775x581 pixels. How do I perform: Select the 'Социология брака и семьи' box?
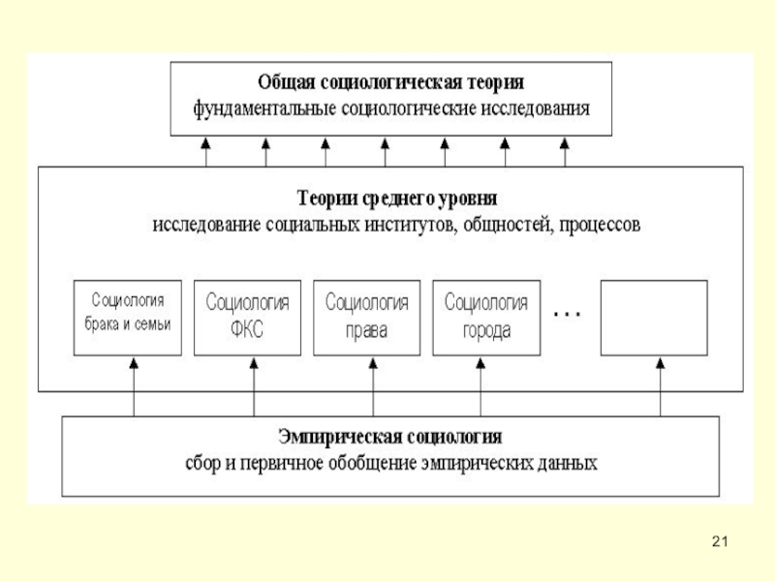click(x=130, y=317)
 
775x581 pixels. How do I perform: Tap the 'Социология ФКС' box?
click(x=247, y=317)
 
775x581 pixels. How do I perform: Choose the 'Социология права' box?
click(x=367, y=317)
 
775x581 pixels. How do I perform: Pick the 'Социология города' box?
click(x=486, y=317)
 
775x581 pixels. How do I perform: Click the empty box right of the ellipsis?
click(x=655, y=317)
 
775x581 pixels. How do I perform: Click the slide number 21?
click(x=718, y=539)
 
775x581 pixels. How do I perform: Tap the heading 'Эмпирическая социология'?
click(x=390, y=436)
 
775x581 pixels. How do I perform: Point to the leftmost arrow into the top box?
click(x=206, y=153)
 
